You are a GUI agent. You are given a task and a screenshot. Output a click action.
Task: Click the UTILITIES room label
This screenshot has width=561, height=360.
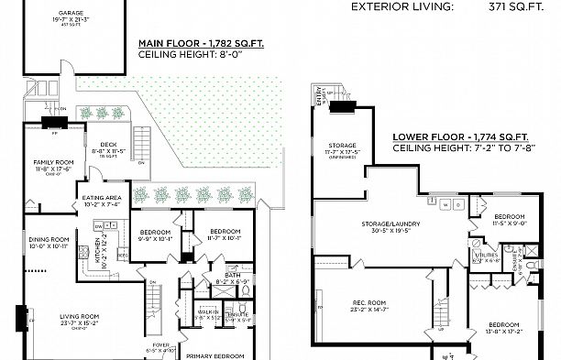coord(486,255)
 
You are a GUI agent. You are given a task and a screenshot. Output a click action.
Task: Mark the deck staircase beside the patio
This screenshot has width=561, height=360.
coord(142,143)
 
